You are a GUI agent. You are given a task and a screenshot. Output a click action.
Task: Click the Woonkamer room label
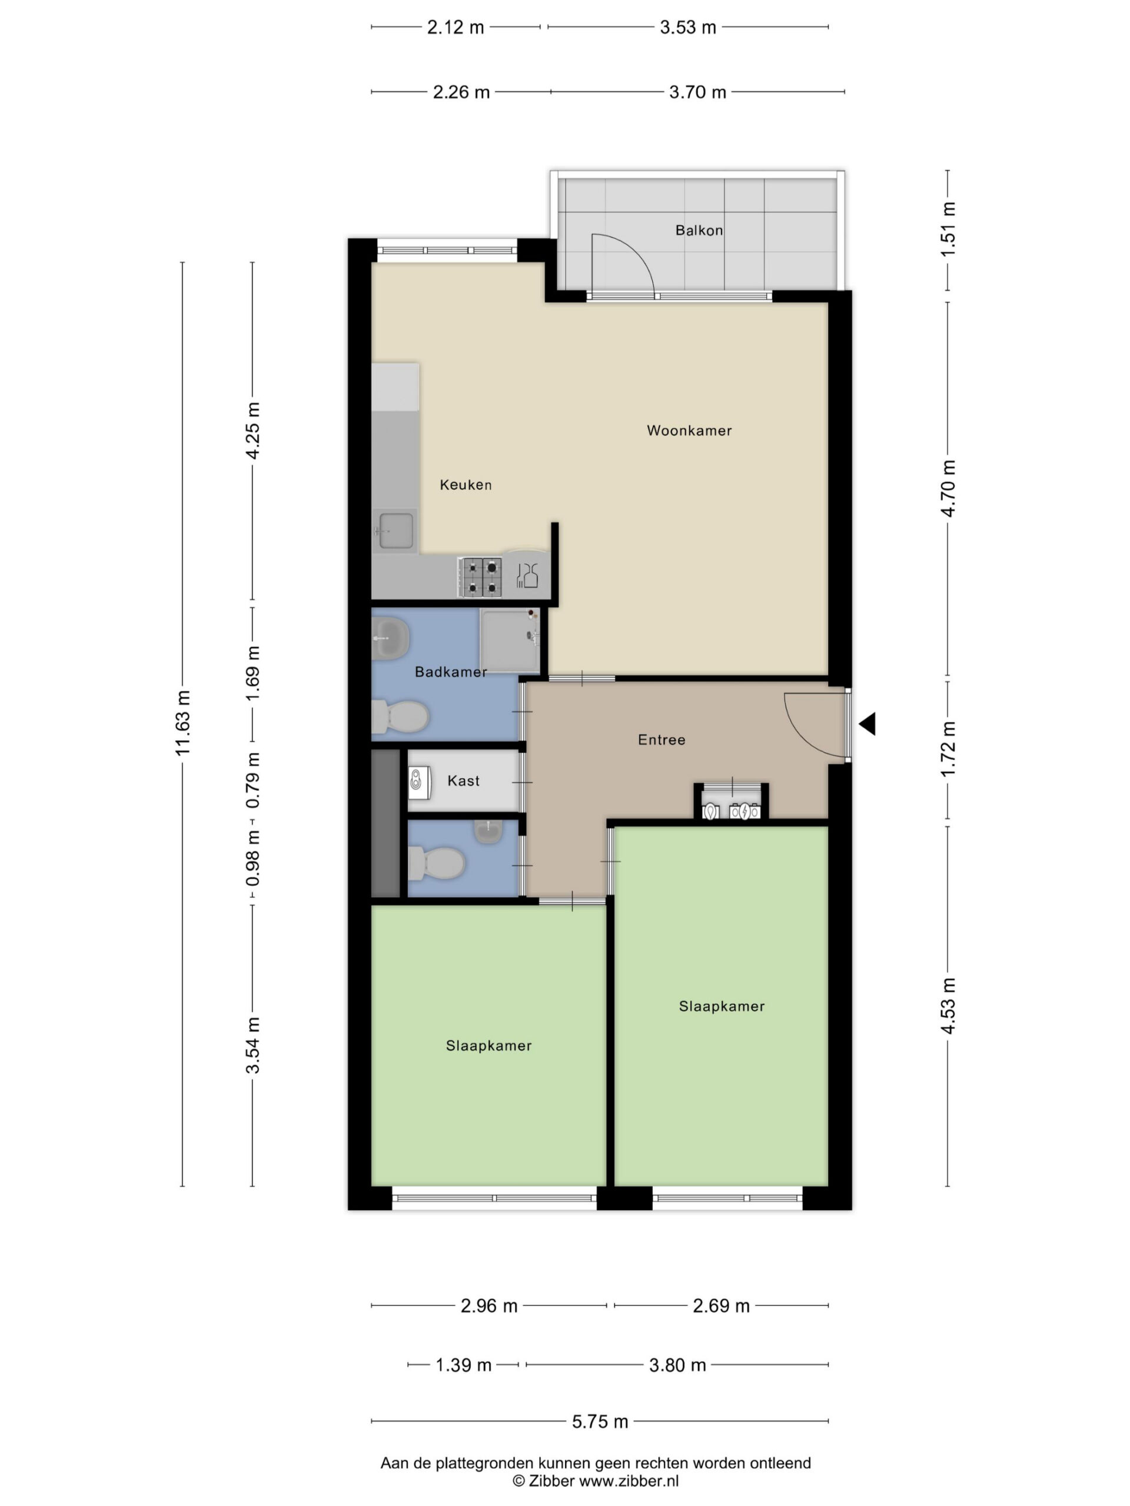pyautogui.click(x=689, y=430)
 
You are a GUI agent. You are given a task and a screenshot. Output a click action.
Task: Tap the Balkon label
pyautogui.click(x=699, y=230)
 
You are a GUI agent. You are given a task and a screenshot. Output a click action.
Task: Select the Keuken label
pyautogui.click(x=465, y=485)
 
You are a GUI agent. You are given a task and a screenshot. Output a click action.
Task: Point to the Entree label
pyautogui.click(x=662, y=739)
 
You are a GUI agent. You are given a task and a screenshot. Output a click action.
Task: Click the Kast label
pyautogui.click(x=463, y=781)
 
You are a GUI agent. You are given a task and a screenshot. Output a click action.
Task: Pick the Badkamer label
pyautogui.click(x=451, y=672)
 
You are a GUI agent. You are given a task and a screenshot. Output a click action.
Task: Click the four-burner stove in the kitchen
pyautogui.click(x=480, y=577)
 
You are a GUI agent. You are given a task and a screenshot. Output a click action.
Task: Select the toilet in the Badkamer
pyautogui.click(x=400, y=717)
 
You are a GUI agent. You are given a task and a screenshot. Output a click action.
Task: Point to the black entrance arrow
pyautogui.click(x=867, y=724)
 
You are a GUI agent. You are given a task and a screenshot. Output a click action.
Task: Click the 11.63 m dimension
pyautogui.click(x=182, y=722)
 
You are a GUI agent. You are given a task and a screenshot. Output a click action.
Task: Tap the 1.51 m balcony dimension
pyautogui.click(x=948, y=229)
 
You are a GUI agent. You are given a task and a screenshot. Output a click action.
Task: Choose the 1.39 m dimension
pyautogui.click(x=463, y=1365)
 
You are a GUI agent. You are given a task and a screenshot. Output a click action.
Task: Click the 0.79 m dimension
pyautogui.click(x=252, y=780)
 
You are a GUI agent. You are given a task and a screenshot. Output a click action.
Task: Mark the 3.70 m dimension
pyautogui.click(x=697, y=92)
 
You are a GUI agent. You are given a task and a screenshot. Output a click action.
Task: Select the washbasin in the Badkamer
pyautogui.click(x=390, y=639)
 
